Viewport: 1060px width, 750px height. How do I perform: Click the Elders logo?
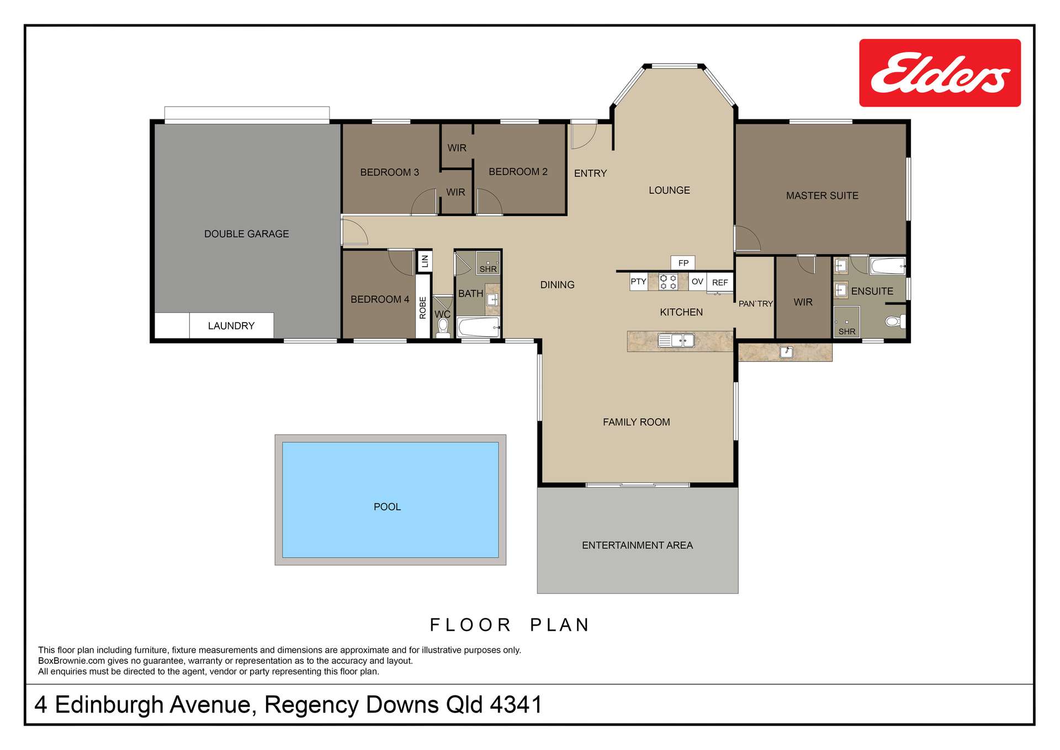point(939,73)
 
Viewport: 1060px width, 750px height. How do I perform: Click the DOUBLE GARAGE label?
point(246,234)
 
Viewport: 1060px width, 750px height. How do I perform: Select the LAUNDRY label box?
point(231,325)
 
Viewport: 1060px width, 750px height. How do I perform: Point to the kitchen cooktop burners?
point(668,282)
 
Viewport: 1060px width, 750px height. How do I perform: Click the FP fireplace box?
point(683,263)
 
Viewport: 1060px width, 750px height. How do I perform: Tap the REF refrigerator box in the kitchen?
point(719,282)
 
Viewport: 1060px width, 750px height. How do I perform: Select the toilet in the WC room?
point(443,328)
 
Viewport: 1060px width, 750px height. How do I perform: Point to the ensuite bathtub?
point(887,266)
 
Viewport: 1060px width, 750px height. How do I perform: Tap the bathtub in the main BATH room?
point(478,328)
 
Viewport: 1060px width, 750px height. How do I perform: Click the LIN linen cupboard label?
point(425,261)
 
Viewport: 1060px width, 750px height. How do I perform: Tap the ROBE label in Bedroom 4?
point(423,308)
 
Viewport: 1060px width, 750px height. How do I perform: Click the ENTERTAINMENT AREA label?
point(637,545)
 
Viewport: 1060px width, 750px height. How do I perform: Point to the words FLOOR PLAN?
point(510,625)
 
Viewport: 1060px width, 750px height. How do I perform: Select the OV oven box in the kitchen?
point(697,282)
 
